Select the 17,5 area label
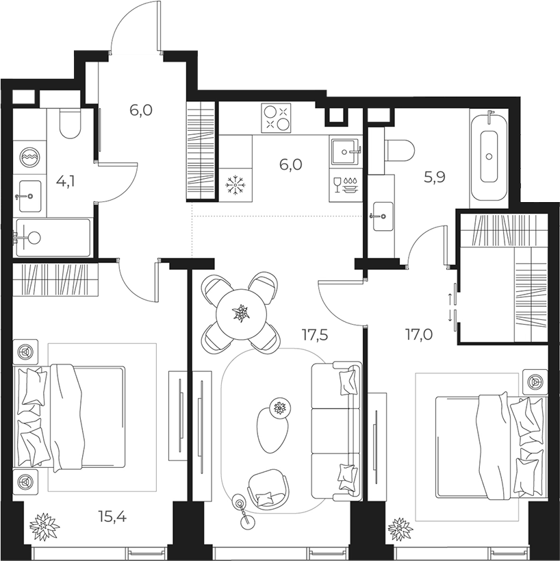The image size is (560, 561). coord(314,335)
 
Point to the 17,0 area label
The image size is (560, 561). coord(418,335)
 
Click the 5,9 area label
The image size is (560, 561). coord(435,177)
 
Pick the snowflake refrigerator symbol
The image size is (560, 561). coord(236,185)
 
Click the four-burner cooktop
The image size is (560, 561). coord(276,118)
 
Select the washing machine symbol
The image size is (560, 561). coord(30,157)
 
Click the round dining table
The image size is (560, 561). coord(242,314)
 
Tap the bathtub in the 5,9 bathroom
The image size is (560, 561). coord(489,156)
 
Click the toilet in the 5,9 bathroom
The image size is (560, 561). coord(400,150)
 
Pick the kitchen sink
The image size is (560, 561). coord(345,151)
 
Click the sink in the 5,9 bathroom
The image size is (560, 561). coord(383,216)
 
